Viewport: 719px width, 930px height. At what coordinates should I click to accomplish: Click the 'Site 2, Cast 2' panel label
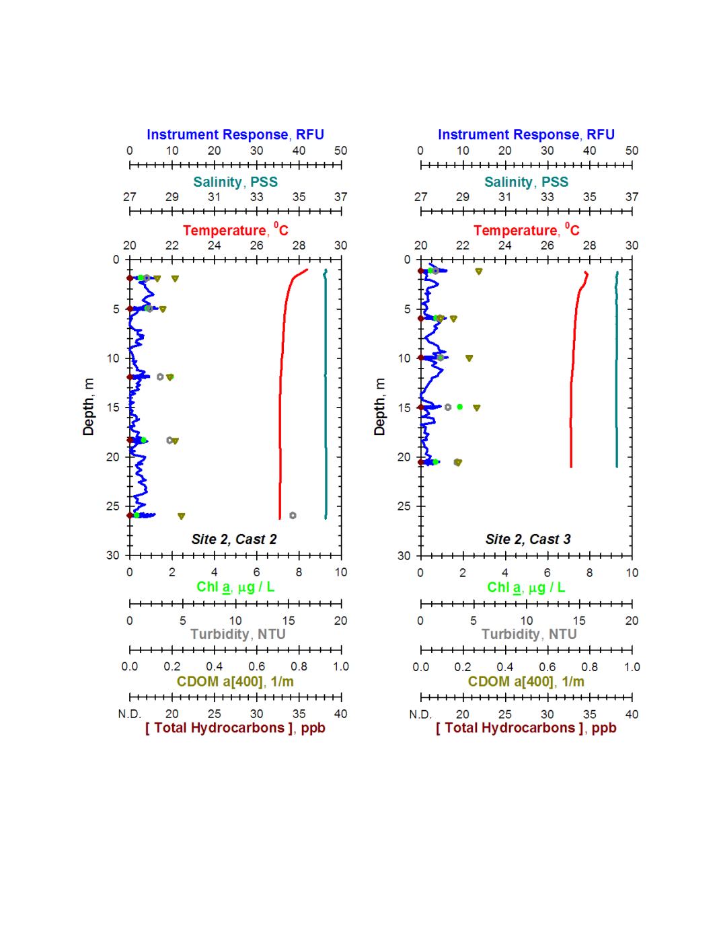234,539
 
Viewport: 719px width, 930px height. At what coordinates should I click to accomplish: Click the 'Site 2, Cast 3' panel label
527,539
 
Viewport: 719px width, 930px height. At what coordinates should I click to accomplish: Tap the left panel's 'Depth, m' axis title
89,406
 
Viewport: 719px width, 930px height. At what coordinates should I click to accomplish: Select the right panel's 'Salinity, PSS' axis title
526,182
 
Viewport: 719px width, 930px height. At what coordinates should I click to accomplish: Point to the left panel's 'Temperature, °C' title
235,230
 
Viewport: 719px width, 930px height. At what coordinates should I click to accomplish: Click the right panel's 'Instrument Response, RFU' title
526,134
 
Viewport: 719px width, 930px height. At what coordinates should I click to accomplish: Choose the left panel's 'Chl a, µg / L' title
235,587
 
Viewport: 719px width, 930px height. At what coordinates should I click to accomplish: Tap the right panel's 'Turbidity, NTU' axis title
529,634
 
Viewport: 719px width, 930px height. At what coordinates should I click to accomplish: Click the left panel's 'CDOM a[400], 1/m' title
235,681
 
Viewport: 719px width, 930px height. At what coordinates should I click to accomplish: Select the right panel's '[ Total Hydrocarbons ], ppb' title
526,728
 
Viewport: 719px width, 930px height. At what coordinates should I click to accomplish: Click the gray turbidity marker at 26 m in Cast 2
293,516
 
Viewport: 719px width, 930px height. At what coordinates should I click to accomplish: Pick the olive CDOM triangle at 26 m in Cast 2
181,516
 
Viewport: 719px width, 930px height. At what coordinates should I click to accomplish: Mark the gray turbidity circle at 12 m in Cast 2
160,377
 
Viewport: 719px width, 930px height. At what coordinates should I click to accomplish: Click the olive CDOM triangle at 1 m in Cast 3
479,272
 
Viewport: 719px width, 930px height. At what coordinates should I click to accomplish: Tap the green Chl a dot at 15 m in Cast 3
460,407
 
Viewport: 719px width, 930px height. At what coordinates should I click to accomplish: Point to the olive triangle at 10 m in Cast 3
469,358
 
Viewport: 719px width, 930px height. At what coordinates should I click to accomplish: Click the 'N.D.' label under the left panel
130,714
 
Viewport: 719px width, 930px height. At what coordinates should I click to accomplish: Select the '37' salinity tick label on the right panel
632,197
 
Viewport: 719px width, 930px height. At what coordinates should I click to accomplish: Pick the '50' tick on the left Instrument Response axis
341,151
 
